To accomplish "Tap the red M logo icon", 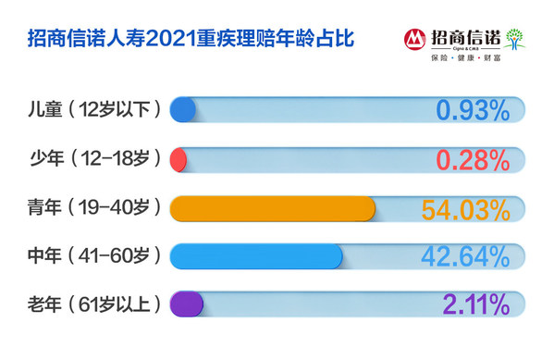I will pyautogui.click(x=414, y=40).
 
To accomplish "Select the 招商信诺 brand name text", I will pyautogui.click(x=463, y=38).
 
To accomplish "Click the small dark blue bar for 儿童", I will pyautogui.click(x=183, y=110).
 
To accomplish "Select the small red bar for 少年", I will pyautogui.click(x=179, y=159).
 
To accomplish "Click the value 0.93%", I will pyautogui.click(x=473, y=111).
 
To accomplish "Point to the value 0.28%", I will pyautogui.click(x=473, y=159).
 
